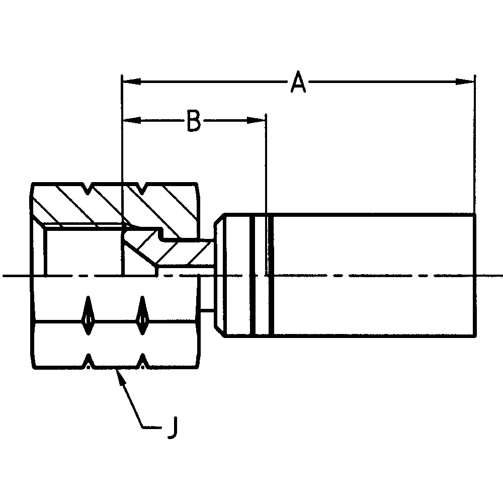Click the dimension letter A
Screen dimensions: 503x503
(298, 82)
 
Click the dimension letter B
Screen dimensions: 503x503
(194, 121)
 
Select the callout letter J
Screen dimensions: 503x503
(172, 428)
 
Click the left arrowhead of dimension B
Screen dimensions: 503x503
(130, 120)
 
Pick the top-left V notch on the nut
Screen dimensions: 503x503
(89, 189)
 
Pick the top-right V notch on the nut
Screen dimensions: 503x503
(143, 189)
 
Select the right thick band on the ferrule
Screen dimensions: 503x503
(272, 275)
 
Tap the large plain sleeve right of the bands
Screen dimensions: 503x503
(372, 275)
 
